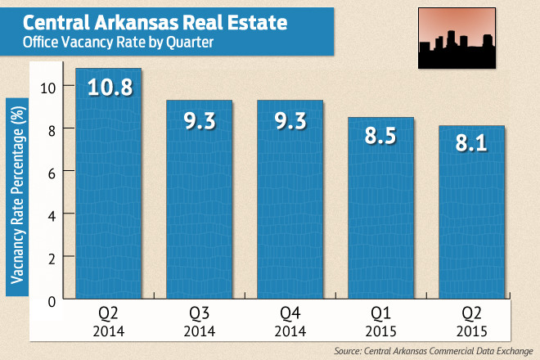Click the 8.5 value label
(x=380, y=136)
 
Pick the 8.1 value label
(x=470, y=145)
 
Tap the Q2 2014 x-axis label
(x=109, y=322)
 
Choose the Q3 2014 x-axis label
(x=200, y=322)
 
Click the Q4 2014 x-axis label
(x=290, y=322)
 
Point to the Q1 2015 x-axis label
(x=380, y=322)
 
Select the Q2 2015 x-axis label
(x=470, y=322)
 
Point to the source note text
(x=426, y=350)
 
